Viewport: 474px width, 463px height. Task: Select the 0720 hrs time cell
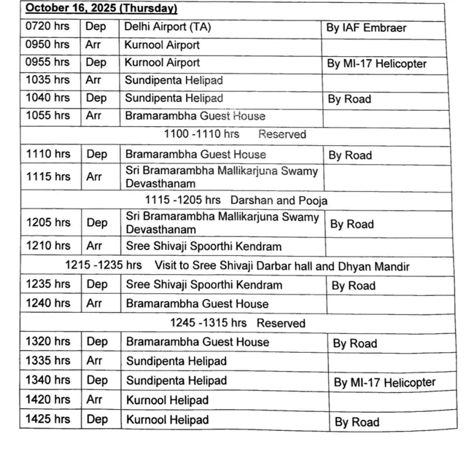(x=48, y=28)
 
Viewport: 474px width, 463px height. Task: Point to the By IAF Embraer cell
(x=369, y=28)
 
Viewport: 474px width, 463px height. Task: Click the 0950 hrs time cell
(x=48, y=44)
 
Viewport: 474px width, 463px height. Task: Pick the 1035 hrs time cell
(x=48, y=79)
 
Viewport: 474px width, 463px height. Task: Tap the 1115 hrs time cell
(x=48, y=176)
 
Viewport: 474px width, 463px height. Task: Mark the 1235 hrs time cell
(x=48, y=284)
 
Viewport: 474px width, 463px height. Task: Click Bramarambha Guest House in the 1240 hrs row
(x=197, y=303)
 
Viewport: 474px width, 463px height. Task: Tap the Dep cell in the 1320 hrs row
(x=97, y=341)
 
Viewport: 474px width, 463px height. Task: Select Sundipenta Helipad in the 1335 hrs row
(x=176, y=361)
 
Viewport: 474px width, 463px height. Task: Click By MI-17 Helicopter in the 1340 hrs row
(x=384, y=382)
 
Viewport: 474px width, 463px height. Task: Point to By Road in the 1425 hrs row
(x=357, y=421)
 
